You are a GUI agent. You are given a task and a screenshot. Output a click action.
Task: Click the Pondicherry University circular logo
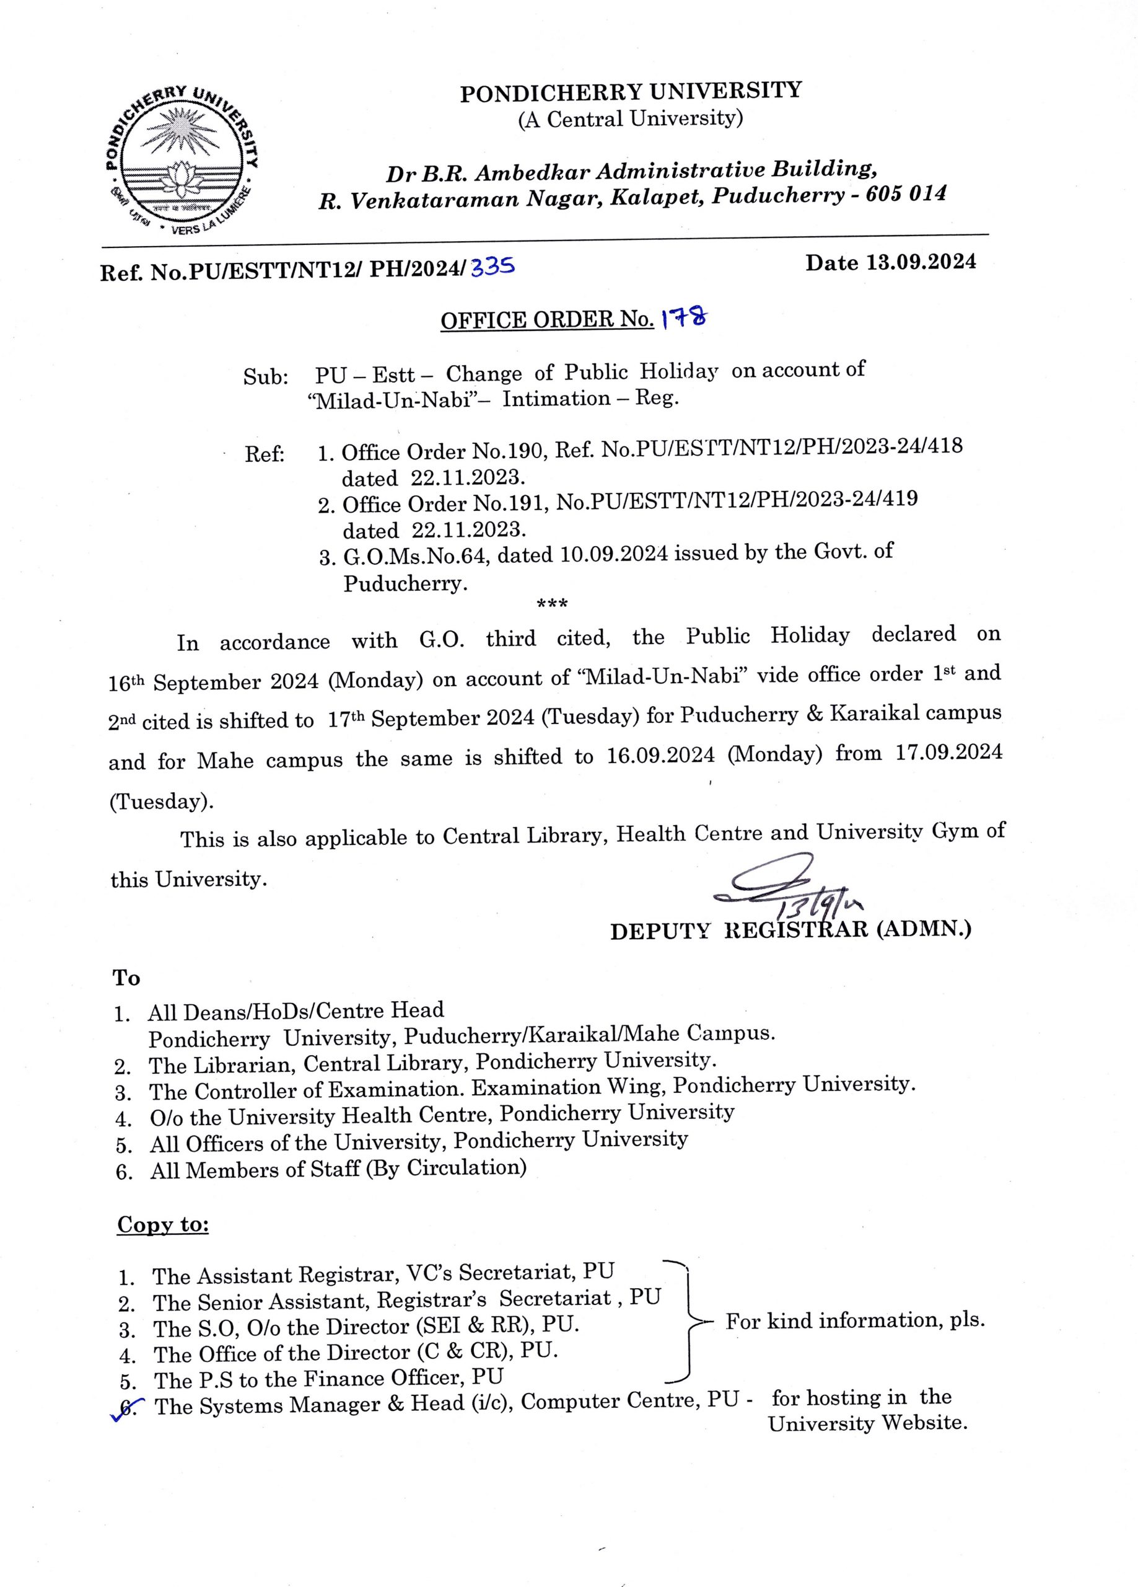coord(181,159)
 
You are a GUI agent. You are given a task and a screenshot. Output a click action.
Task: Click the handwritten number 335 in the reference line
coord(492,267)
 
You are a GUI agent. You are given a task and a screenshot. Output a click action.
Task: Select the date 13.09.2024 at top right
coord(921,262)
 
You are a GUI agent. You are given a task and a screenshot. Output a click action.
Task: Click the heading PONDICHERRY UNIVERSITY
coord(630,92)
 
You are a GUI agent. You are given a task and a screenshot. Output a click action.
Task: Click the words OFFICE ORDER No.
coord(546,320)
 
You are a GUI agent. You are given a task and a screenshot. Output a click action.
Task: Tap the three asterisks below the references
coord(552,603)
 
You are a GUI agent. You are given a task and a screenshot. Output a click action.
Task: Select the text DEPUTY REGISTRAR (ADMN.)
coord(790,930)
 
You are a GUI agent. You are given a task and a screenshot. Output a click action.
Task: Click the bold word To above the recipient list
coord(126,978)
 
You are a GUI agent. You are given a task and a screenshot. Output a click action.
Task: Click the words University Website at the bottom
coord(867,1423)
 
